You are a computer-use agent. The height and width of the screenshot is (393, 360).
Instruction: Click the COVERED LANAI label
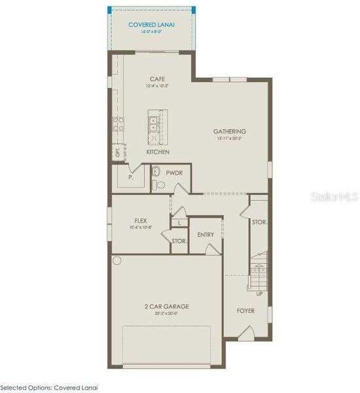pos(152,25)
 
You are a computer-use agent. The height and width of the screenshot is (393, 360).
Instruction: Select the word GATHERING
pos(229,131)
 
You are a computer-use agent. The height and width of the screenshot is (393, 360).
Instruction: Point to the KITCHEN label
pos(158,152)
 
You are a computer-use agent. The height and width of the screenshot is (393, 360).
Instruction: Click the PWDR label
pos(173,174)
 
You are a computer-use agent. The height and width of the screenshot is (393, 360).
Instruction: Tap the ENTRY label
pos(206,234)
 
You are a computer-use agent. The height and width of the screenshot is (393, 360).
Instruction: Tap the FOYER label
pos(245,311)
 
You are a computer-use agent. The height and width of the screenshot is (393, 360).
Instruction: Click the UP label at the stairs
pos(259,293)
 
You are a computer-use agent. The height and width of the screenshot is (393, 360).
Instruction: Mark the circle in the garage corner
pos(117,260)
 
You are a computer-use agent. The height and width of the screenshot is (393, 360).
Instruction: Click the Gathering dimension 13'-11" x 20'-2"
pos(229,139)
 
